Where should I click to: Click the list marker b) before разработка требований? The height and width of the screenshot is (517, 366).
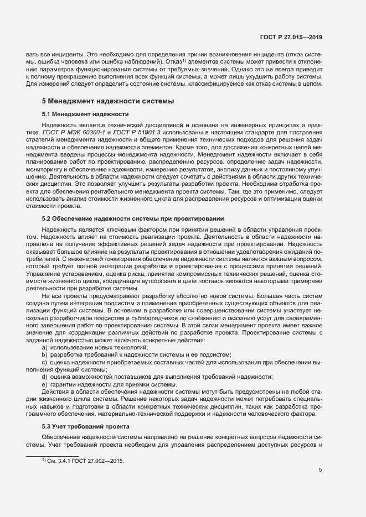pos(44,354)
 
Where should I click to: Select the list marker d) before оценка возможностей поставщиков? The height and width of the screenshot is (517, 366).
pos(44,377)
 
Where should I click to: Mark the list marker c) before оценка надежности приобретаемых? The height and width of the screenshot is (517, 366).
pos(44,362)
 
